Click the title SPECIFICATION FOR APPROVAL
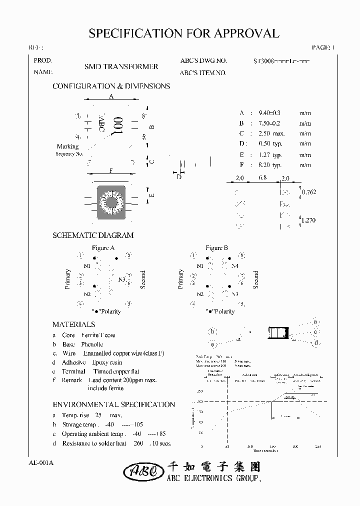[183, 33]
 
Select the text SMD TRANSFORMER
[121, 66]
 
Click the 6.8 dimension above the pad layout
[262, 178]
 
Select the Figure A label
[103, 248]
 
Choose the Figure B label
[217, 248]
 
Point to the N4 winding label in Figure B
[234, 266]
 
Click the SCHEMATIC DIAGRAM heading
[93, 235]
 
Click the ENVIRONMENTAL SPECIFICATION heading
[113, 404]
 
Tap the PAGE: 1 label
[322, 47]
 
